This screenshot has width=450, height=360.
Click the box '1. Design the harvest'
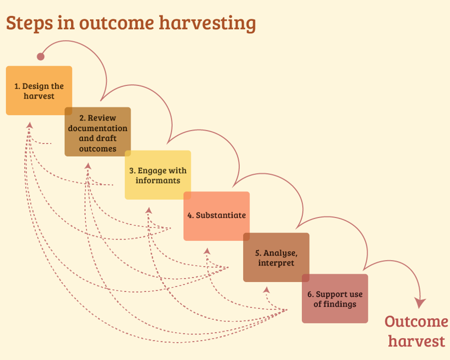point(39,90)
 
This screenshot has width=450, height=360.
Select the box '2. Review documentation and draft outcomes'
point(98,132)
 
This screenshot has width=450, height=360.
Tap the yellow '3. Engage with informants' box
point(158,175)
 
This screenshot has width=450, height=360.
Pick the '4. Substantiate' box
point(217,216)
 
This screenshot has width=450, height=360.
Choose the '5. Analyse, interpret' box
point(276,257)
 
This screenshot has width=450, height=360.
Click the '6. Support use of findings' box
point(335,298)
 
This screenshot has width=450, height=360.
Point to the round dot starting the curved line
point(41,56)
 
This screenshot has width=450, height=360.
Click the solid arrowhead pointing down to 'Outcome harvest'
point(420,303)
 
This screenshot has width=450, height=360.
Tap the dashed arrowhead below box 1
point(30,125)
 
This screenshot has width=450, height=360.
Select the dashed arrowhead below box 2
point(88,166)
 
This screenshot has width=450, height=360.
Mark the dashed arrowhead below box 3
point(149,210)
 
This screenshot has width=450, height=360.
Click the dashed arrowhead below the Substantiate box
point(207,251)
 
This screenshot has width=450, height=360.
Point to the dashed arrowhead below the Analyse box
point(267,290)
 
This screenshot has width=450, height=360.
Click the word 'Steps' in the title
point(30,23)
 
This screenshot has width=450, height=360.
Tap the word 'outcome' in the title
point(117,23)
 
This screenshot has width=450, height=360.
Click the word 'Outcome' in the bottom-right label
point(416,321)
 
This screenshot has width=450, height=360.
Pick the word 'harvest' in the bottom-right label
point(416,341)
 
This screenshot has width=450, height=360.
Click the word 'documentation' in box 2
point(98,128)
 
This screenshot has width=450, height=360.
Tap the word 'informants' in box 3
point(158,180)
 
